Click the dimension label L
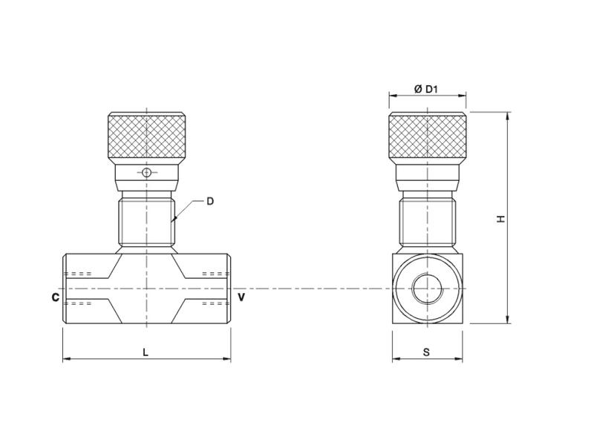(146, 352)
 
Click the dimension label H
(501, 219)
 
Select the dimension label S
(426, 352)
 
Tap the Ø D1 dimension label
(426, 89)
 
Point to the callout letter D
(210, 201)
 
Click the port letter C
(55, 297)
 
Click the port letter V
(241, 297)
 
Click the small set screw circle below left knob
(147, 173)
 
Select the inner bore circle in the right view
(428, 289)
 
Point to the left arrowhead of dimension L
(65, 360)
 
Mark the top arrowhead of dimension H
(508, 116)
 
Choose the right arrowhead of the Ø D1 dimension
(463, 96)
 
